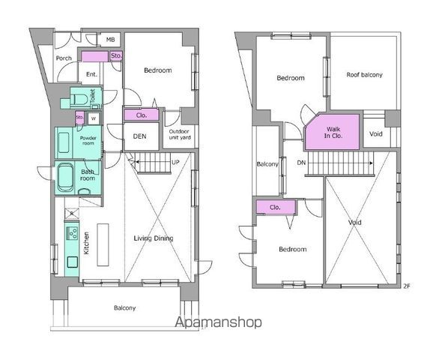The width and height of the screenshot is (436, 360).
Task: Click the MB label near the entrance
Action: pyautogui.click(x=110, y=40)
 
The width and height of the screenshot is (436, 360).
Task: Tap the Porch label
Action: pyautogui.click(x=64, y=58)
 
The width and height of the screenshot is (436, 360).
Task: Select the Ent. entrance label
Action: pyautogui.click(x=91, y=74)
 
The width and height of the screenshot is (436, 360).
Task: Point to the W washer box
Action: pyautogui.click(x=94, y=118)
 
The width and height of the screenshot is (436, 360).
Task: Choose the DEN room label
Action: pyautogui.click(x=139, y=136)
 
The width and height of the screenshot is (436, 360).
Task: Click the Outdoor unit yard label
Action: pyautogui.click(x=180, y=134)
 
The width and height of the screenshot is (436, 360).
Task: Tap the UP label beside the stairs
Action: pyautogui.click(x=175, y=162)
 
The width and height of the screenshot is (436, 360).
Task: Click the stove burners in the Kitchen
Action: pyautogui.click(x=73, y=233)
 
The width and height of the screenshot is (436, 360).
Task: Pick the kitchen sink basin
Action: pyautogui.click(x=73, y=262)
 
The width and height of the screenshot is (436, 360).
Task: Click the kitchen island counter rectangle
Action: pyautogui.click(x=103, y=244)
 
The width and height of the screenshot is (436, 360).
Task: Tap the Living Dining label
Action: pyautogui.click(x=154, y=238)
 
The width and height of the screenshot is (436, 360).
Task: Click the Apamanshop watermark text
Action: pyautogui.click(x=218, y=322)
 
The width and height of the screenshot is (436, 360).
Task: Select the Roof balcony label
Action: pyautogui.click(x=364, y=75)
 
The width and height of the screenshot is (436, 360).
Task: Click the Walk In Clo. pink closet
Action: pyautogui.click(x=333, y=132)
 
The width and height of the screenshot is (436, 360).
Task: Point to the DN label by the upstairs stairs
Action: pyautogui.click(x=301, y=163)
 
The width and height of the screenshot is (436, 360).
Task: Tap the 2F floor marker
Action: pyautogui.click(x=407, y=286)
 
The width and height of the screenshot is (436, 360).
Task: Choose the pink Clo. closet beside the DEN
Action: pyautogui.click(x=142, y=115)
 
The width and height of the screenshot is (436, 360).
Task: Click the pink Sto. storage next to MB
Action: pyautogui.click(x=116, y=55)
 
